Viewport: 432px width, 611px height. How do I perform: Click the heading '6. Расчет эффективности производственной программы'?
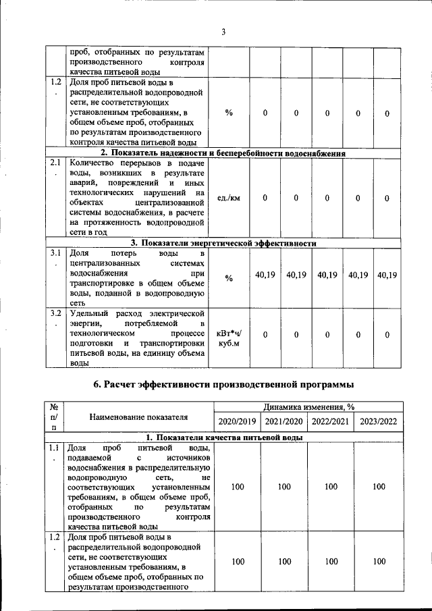click(x=223, y=384)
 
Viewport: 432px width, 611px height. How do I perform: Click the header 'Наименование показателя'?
click(x=138, y=417)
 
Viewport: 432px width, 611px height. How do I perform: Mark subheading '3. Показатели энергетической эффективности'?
click(x=223, y=243)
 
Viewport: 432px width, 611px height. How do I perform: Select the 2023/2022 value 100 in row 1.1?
click(x=378, y=486)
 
